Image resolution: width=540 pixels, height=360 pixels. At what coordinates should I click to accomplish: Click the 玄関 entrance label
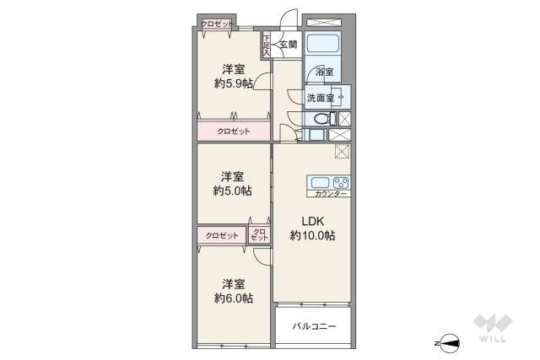[288, 43]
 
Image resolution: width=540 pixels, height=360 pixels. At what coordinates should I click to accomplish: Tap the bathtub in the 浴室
[321, 44]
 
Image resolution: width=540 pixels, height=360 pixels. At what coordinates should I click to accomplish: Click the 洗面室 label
[320, 98]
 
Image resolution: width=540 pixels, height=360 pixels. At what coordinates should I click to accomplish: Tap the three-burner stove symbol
[341, 182]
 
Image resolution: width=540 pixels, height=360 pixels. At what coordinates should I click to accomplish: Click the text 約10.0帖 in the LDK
[312, 236]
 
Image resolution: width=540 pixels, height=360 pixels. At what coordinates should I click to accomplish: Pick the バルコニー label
[312, 325]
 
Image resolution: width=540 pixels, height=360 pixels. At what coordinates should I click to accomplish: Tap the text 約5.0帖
[232, 191]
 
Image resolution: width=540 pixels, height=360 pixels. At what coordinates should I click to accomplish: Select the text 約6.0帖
[232, 298]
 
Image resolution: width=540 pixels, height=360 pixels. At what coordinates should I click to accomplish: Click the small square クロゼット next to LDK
[260, 235]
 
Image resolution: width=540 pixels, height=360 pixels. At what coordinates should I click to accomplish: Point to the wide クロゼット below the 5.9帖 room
[234, 132]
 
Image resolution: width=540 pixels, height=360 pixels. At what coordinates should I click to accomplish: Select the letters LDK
[313, 222]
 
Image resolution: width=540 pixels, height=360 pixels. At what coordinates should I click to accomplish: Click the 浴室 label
[325, 73]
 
